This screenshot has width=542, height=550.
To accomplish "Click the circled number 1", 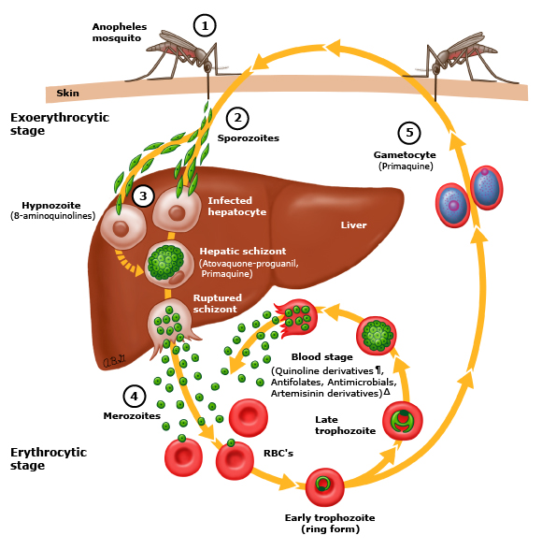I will point(204,25).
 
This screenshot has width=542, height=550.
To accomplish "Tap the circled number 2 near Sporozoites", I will point(237,118).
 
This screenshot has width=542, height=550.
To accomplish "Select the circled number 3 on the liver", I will point(143,195).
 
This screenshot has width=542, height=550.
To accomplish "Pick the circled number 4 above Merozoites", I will point(134,396).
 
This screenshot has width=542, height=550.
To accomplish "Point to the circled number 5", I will point(407,132).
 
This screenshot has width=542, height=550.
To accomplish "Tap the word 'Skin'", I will point(68,93).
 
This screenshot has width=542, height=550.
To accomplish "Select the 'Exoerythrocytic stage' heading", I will point(59,124).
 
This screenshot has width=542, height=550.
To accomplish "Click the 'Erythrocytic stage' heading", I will point(48,458).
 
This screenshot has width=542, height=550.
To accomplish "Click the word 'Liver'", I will point(353,224).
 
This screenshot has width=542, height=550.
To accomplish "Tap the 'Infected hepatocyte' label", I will point(236,206).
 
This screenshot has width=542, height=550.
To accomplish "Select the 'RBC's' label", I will point(279,453).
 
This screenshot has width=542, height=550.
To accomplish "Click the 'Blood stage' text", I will point(322,356).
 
